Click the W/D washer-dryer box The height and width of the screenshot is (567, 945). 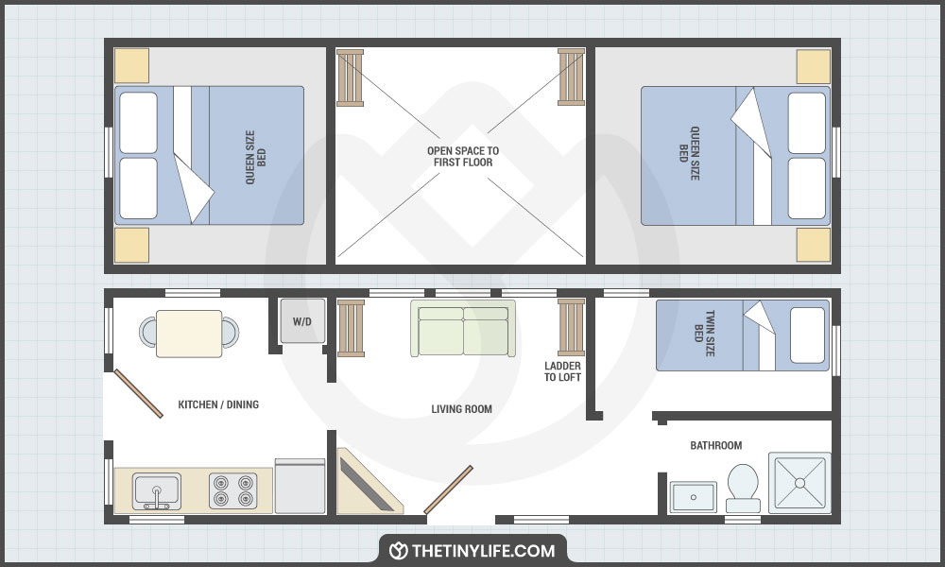click(301, 321)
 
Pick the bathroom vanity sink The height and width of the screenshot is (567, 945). click(695, 496)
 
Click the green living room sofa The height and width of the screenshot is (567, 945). click(463, 329)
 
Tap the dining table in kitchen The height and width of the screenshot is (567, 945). click(189, 333)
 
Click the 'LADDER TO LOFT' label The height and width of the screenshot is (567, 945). click(562, 371)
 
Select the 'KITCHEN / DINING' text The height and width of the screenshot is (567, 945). click(218, 404)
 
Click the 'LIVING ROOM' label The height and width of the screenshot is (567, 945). click(461, 409)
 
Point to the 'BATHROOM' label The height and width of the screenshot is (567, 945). click(715, 445)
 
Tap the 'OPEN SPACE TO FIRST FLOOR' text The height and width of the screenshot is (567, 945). click(462, 157)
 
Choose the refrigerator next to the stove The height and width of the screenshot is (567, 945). click(300, 487)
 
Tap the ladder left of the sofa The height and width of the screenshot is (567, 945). click(351, 327)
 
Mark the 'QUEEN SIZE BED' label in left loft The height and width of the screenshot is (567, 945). click(256, 156)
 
